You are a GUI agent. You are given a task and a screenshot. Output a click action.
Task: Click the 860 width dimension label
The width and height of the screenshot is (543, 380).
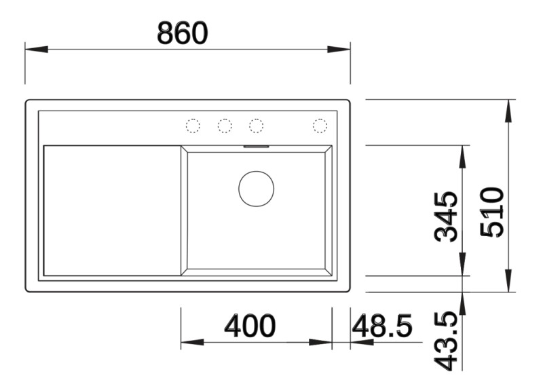[x=182, y=33]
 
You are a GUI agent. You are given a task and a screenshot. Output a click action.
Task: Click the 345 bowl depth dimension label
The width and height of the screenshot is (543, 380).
[x=447, y=216]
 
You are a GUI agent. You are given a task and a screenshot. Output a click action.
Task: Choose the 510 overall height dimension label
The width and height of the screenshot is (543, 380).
[x=492, y=212]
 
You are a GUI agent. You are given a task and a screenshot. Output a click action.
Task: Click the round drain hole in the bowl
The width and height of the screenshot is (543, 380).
[x=256, y=189]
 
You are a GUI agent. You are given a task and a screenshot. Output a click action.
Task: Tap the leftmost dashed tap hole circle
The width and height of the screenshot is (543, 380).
[x=193, y=126]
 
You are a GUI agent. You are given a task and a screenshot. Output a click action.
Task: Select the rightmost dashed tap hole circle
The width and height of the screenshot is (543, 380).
[x=320, y=126]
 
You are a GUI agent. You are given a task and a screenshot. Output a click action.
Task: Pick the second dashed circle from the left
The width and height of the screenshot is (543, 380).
[x=225, y=126]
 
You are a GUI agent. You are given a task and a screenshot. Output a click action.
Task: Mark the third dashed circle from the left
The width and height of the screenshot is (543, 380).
[x=256, y=126]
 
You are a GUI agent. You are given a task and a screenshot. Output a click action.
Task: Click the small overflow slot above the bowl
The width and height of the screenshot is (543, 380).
[x=257, y=145]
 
